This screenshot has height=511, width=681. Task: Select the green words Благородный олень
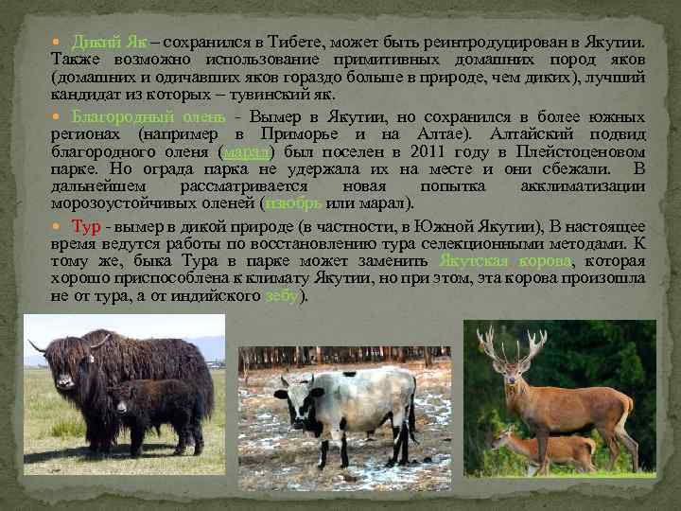click(x=162, y=117)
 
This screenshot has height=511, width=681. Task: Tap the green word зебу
click(x=281, y=295)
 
